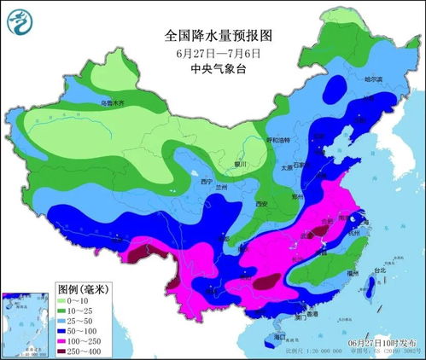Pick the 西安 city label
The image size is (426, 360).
(x=263, y=204)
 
